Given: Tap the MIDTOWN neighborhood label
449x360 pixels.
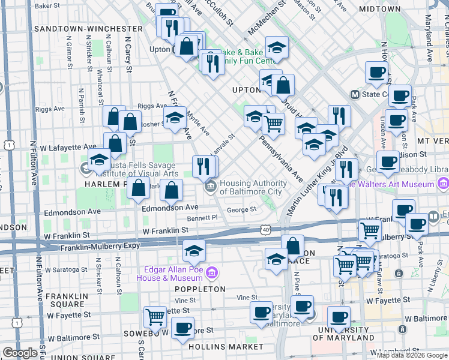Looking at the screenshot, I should point(379,9).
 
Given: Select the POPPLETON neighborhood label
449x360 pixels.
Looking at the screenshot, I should point(200,289).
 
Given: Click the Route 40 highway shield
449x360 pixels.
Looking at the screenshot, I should point(266,229).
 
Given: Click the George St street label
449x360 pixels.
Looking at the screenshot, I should point(242,209).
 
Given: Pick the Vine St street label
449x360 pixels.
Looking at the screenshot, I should point(247,297).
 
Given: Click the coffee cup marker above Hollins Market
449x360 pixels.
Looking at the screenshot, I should point(182,328).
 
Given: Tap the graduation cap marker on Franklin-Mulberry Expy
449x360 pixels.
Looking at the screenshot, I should point(194,251).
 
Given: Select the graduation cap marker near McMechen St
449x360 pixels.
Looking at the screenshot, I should point(276,47).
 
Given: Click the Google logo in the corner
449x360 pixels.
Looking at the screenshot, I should point(20,353).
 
